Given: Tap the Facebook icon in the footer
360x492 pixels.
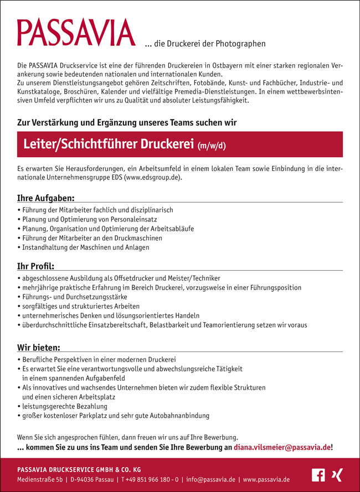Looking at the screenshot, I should point(318,475).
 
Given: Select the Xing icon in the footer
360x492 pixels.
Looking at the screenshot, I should point(336,475).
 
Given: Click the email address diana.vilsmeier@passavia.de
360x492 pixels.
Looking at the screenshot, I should point(282,447).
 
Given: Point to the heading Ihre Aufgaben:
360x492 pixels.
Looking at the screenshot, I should point(46,198).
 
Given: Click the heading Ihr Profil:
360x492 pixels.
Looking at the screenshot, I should point(36,266).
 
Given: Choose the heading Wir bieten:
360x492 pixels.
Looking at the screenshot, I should point(39,347).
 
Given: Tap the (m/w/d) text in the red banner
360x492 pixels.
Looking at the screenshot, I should point(212,146).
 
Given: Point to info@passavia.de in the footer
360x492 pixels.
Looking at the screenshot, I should point(210,479).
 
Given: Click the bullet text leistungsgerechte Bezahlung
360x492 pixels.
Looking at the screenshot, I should point(65,406).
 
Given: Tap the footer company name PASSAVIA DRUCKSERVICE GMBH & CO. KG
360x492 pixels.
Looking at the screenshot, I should point(79,469).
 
